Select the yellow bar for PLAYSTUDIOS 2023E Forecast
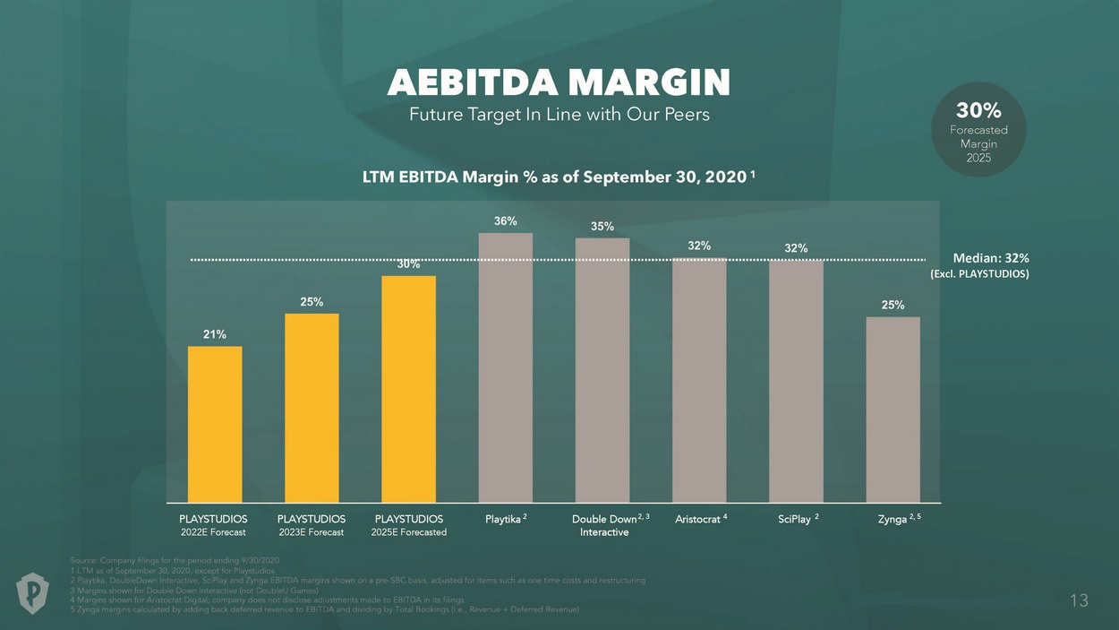point(312,408)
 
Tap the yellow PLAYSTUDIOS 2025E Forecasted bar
point(408,389)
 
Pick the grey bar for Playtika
point(506,367)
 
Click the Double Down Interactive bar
point(602,370)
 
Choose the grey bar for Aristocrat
point(699,380)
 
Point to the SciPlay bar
point(796,381)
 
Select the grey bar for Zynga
point(893,410)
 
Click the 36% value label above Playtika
point(506,220)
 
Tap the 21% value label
point(215,334)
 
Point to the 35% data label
point(602,226)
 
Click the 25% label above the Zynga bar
point(893,305)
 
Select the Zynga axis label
point(893,519)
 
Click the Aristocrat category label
point(698,519)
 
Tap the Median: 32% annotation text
point(984,258)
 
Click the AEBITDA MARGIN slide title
point(559,82)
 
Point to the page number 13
point(1079,600)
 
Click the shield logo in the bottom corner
point(33,593)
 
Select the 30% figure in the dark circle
point(978,110)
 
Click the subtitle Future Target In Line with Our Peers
point(559,115)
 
